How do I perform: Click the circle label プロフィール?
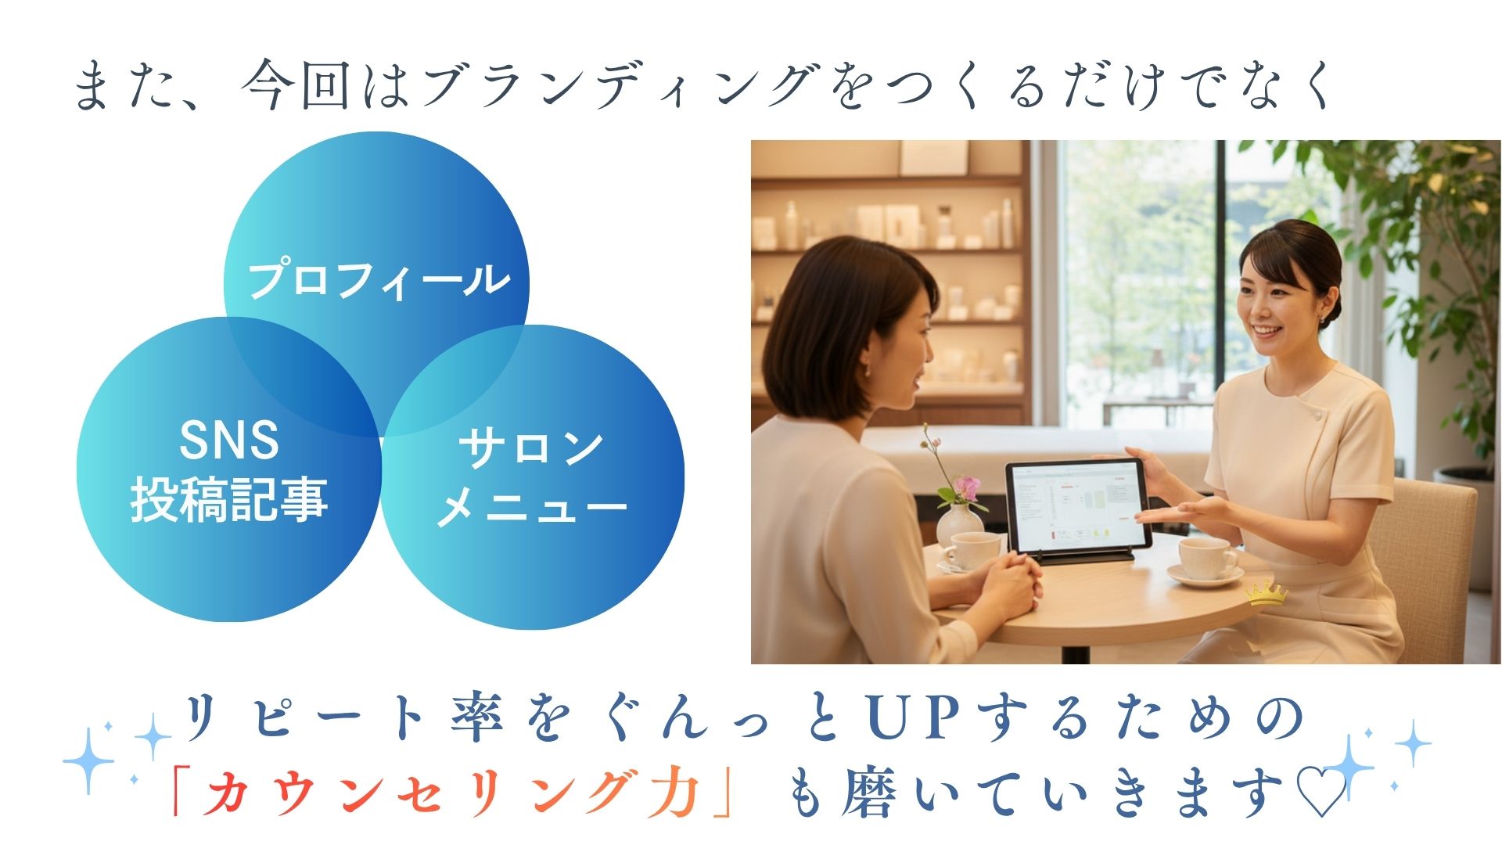tap(379, 280)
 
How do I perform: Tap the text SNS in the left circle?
tap(229, 440)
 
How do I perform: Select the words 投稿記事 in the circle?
tap(229, 499)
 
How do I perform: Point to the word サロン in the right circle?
tap(531, 448)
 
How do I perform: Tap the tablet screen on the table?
tap(1078, 505)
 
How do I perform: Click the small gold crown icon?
tap(1266, 594)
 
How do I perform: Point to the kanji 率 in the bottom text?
tap(476, 717)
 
